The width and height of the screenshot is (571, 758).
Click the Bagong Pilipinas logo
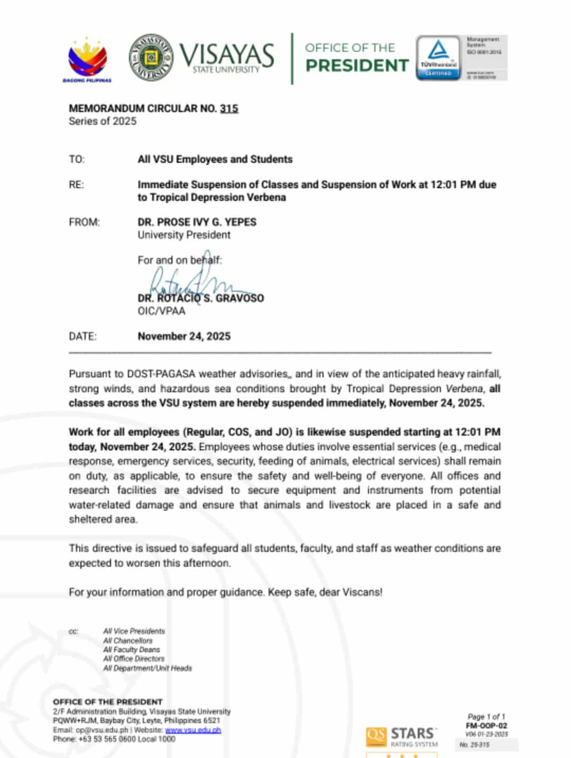88,60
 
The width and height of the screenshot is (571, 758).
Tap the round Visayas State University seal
151,58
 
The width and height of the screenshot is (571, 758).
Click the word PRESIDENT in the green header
357,66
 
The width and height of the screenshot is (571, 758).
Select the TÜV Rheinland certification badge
438,58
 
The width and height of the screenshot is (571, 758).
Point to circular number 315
229,108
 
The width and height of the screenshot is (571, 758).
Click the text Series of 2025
103,121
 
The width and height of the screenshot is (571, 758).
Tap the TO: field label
77,159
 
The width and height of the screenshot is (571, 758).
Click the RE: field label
76,184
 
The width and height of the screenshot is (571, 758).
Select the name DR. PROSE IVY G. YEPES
197,222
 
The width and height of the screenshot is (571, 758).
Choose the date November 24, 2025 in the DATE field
184,336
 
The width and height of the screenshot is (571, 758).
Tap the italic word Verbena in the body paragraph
464,389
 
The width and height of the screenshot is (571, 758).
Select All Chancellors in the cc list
128,641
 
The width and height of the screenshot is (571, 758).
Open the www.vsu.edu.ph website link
193,730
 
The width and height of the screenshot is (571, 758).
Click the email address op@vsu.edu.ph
102,730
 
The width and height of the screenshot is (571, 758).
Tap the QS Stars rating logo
402,736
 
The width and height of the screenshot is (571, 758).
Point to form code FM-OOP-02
486,726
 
